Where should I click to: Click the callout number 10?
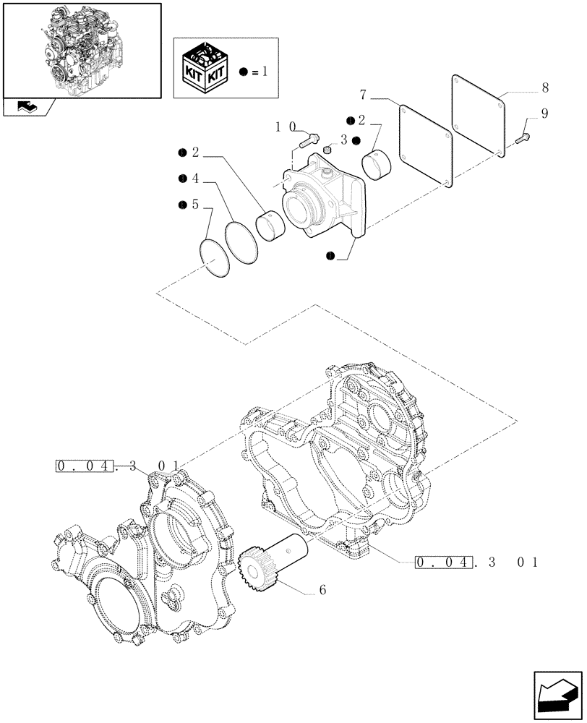(x=284, y=127)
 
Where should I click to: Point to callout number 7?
(x=364, y=95)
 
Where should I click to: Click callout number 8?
(x=544, y=88)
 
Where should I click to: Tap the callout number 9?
(x=544, y=114)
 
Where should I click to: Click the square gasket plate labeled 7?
(x=426, y=145)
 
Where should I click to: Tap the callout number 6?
(x=322, y=590)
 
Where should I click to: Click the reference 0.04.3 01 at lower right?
(x=477, y=561)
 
